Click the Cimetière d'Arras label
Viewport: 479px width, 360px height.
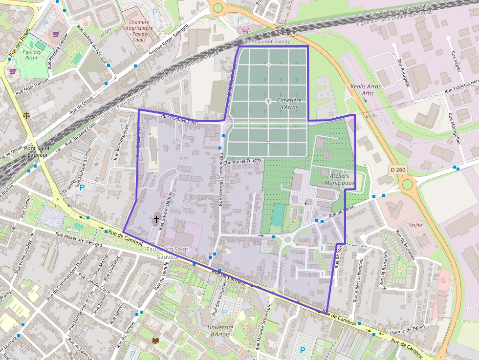(x=289, y=104)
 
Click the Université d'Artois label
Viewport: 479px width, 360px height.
(x=220, y=331)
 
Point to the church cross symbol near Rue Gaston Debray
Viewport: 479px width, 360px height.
(x=156, y=219)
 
